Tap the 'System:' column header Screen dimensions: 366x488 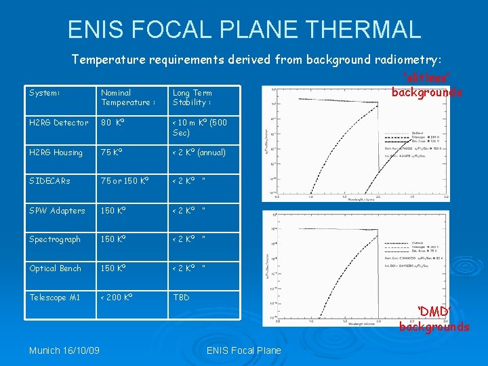pyautogui.click(x=45, y=93)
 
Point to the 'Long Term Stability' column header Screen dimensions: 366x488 pyautogui.click(x=192, y=98)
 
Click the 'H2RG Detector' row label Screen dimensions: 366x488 pyautogui.click(x=58, y=123)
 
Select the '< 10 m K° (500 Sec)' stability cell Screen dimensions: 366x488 pyautogui.click(x=199, y=127)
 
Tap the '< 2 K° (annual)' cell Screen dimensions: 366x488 pyautogui.click(x=199, y=152)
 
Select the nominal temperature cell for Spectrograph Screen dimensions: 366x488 pyautogui.click(x=115, y=239)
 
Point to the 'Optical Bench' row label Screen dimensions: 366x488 pyautogui.click(x=55, y=268)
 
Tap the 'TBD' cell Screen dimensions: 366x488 pyautogui.click(x=181, y=298)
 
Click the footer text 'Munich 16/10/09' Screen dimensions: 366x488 pyautogui.click(x=64, y=350)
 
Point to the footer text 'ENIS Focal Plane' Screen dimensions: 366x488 pyautogui.click(x=243, y=350)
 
